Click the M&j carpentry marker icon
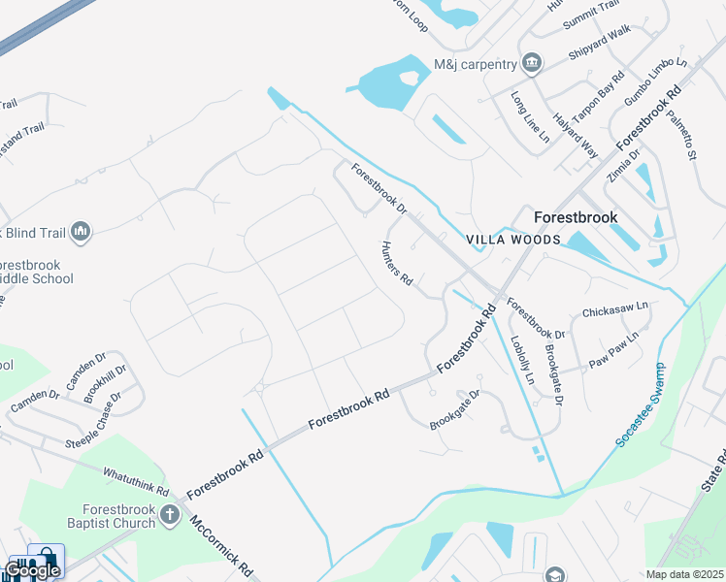[531, 65]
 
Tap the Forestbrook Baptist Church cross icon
[170, 514]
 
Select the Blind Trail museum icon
[81, 231]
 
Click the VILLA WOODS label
[513, 240]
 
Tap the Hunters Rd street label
[397, 264]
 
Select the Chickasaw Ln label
[613, 311]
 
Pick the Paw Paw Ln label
[613, 350]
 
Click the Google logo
[32, 569]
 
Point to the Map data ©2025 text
[685, 574]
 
